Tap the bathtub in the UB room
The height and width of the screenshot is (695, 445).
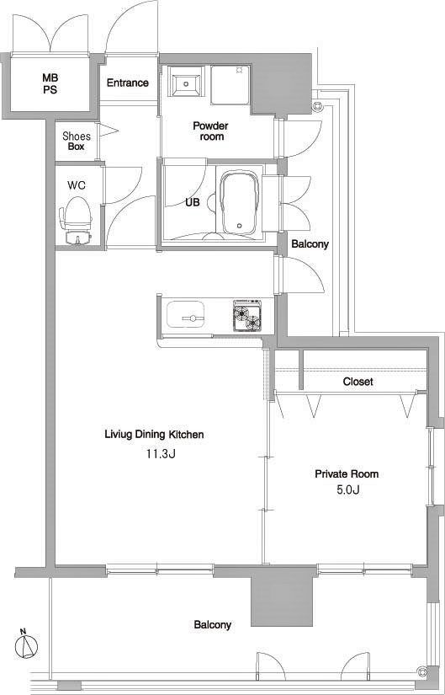(240, 203)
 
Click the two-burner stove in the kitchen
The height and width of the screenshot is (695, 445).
(247, 317)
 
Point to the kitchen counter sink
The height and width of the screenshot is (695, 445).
(186, 314)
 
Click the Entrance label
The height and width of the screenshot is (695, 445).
(128, 83)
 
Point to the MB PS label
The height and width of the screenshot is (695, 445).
(50, 83)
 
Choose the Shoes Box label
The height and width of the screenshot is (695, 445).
(77, 142)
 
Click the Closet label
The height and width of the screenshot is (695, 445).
(358, 381)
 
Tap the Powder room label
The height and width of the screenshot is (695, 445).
(211, 131)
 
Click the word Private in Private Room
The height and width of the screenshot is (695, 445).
(331, 473)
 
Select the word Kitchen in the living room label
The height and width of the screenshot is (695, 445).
(186, 435)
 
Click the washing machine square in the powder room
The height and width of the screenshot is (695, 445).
(230, 86)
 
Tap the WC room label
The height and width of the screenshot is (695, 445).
(77, 185)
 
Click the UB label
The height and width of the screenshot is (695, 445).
(193, 202)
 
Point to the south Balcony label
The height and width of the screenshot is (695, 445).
(213, 625)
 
